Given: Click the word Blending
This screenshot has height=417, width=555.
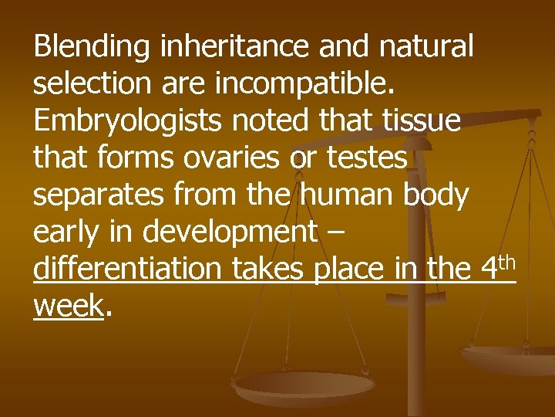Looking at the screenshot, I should [x=92, y=48].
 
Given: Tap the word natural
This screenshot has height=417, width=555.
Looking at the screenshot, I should [x=428, y=48].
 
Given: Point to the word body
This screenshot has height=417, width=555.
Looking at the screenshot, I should [x=436, y=196].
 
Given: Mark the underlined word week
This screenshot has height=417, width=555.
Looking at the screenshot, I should [x=69, y=306].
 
